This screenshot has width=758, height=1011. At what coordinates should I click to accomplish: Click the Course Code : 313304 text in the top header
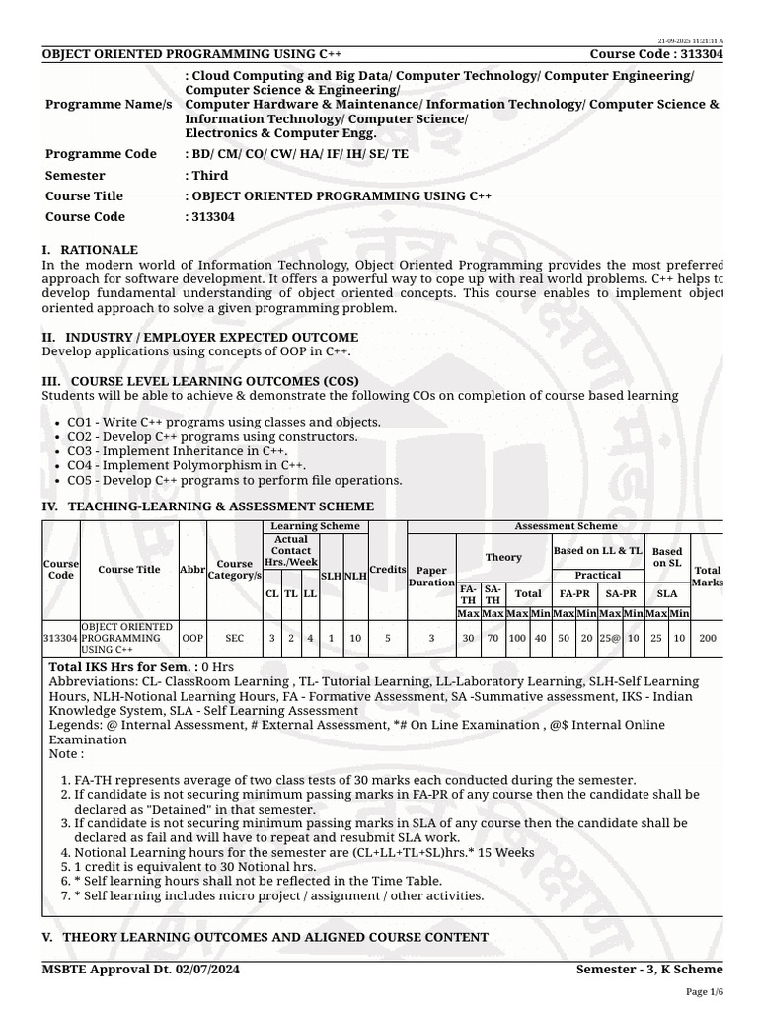[x=656, y=53]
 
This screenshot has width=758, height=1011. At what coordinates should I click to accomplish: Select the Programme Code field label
[x=101, y=154]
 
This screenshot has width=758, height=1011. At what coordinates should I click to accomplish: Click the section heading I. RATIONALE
[x=90, y=250]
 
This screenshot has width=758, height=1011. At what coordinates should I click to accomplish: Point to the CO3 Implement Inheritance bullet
[x=170, y=450]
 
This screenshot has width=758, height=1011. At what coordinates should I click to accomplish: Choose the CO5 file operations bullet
[x=234, y=480]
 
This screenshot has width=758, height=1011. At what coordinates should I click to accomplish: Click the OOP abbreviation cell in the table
[x=192, y=638]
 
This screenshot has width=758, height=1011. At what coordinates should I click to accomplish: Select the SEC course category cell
[x=234, y=638]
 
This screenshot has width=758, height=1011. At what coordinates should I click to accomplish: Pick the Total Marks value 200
[x=708, y=638]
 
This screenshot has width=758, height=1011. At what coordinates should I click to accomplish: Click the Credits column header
[x=388, y=569]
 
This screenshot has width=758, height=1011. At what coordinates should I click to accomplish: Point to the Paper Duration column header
[x=431, y=577]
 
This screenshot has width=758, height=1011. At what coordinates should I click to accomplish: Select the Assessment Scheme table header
[x=566, y=526]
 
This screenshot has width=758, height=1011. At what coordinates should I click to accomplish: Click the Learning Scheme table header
[x=315, y=526]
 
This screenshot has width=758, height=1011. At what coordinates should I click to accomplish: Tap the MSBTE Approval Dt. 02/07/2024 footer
[x=140, y=969]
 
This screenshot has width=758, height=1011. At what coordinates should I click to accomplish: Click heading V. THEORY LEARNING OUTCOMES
[x=265, y=936]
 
